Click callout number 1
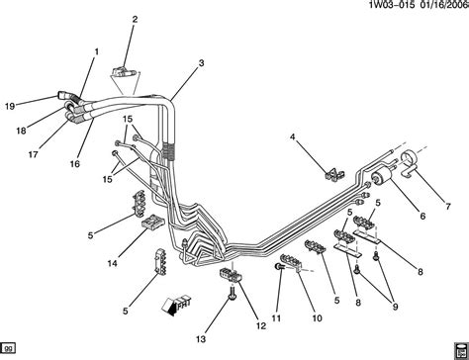[96, 51]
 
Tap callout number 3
[201, 63]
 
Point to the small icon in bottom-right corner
[458, 348]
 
